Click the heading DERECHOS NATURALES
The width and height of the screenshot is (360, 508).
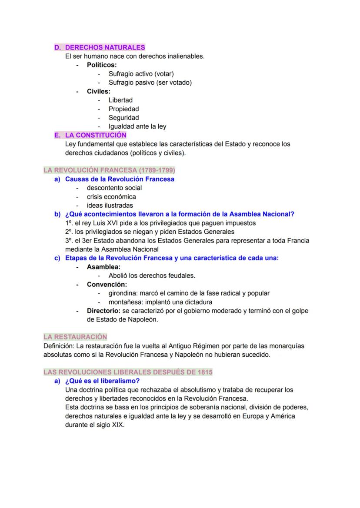click(105, 47)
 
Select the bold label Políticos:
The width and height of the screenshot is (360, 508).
click(102, 65)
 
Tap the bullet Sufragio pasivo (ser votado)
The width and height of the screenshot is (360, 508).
click(150, 83)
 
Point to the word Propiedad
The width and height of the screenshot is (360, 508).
click(123, 109)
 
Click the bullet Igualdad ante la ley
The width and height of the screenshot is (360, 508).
click(137, 126)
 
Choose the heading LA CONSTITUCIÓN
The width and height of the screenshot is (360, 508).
click(96, 135)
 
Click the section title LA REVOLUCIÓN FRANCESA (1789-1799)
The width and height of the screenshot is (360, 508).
click(109, 170)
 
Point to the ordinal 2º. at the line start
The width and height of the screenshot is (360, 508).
click(69, 232)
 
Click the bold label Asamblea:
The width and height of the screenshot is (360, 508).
click(103, 267)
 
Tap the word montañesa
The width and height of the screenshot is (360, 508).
click(125, 302)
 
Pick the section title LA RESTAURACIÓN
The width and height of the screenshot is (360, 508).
click(75, 337)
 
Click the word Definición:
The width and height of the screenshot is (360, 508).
click(59, 346)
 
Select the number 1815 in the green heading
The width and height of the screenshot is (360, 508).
click(204, 372)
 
